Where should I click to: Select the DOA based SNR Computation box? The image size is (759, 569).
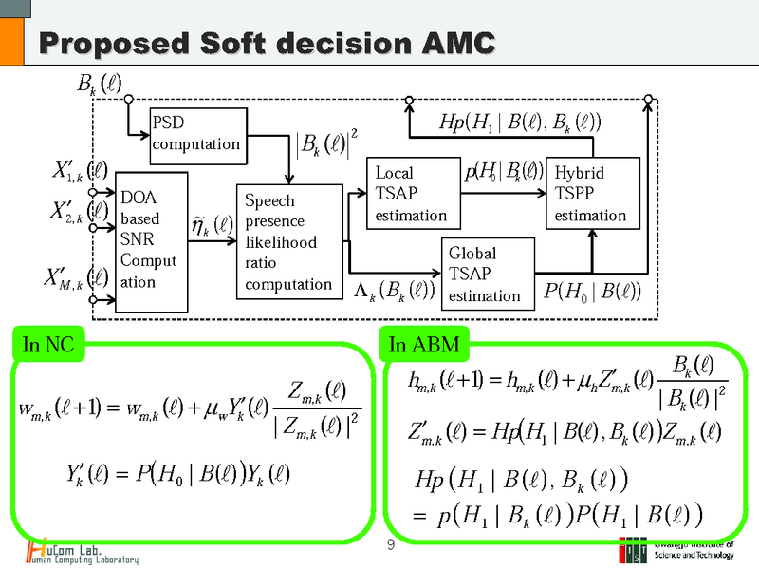point(148,241)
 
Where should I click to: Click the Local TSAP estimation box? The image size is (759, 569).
point(413,194)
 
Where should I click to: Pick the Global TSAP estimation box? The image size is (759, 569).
point(485,274)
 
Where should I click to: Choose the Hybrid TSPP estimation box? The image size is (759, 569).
point(596,194)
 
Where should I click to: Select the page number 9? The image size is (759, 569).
point(391,544)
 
